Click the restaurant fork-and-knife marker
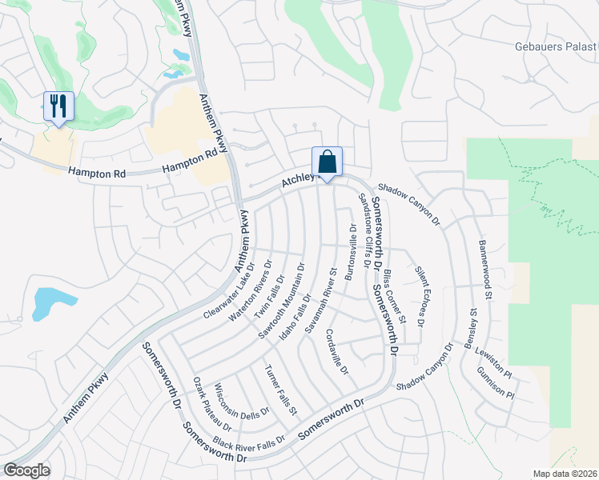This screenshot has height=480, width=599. [x=58, y=106]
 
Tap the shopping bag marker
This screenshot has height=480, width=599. [x=327, y=162]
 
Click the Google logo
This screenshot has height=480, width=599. [x=26, y=470]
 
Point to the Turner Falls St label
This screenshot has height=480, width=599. [x=281, y=390]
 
